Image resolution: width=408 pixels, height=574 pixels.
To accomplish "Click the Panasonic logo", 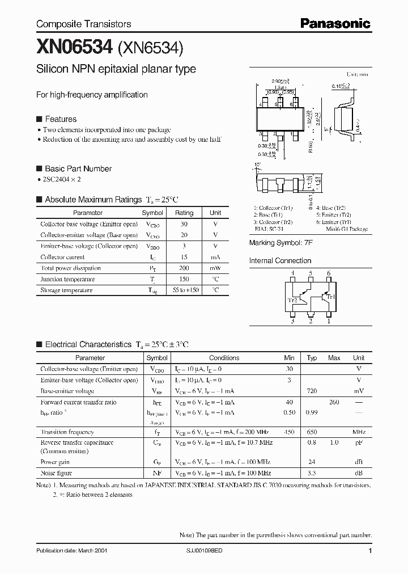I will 335,23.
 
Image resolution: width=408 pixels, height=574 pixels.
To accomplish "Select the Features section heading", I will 60,119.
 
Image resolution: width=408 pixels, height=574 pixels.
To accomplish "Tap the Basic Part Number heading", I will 78,168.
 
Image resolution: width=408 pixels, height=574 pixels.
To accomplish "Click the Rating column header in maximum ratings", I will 184,213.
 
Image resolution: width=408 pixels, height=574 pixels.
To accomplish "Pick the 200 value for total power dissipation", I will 184,268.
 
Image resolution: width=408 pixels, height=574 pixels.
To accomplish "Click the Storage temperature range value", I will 184,290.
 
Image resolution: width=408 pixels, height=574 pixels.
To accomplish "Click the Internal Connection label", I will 280,261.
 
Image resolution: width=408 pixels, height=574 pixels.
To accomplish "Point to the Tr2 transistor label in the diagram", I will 292,300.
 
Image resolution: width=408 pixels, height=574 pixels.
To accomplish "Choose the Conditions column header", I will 224,358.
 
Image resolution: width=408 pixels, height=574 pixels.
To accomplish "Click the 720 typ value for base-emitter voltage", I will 312,391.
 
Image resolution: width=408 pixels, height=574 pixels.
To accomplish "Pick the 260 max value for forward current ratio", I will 334,402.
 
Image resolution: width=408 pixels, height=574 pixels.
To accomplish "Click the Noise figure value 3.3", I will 312,473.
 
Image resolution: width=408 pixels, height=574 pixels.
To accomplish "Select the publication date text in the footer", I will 71,551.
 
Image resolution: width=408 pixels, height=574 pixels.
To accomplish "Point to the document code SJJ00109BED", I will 207,551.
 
